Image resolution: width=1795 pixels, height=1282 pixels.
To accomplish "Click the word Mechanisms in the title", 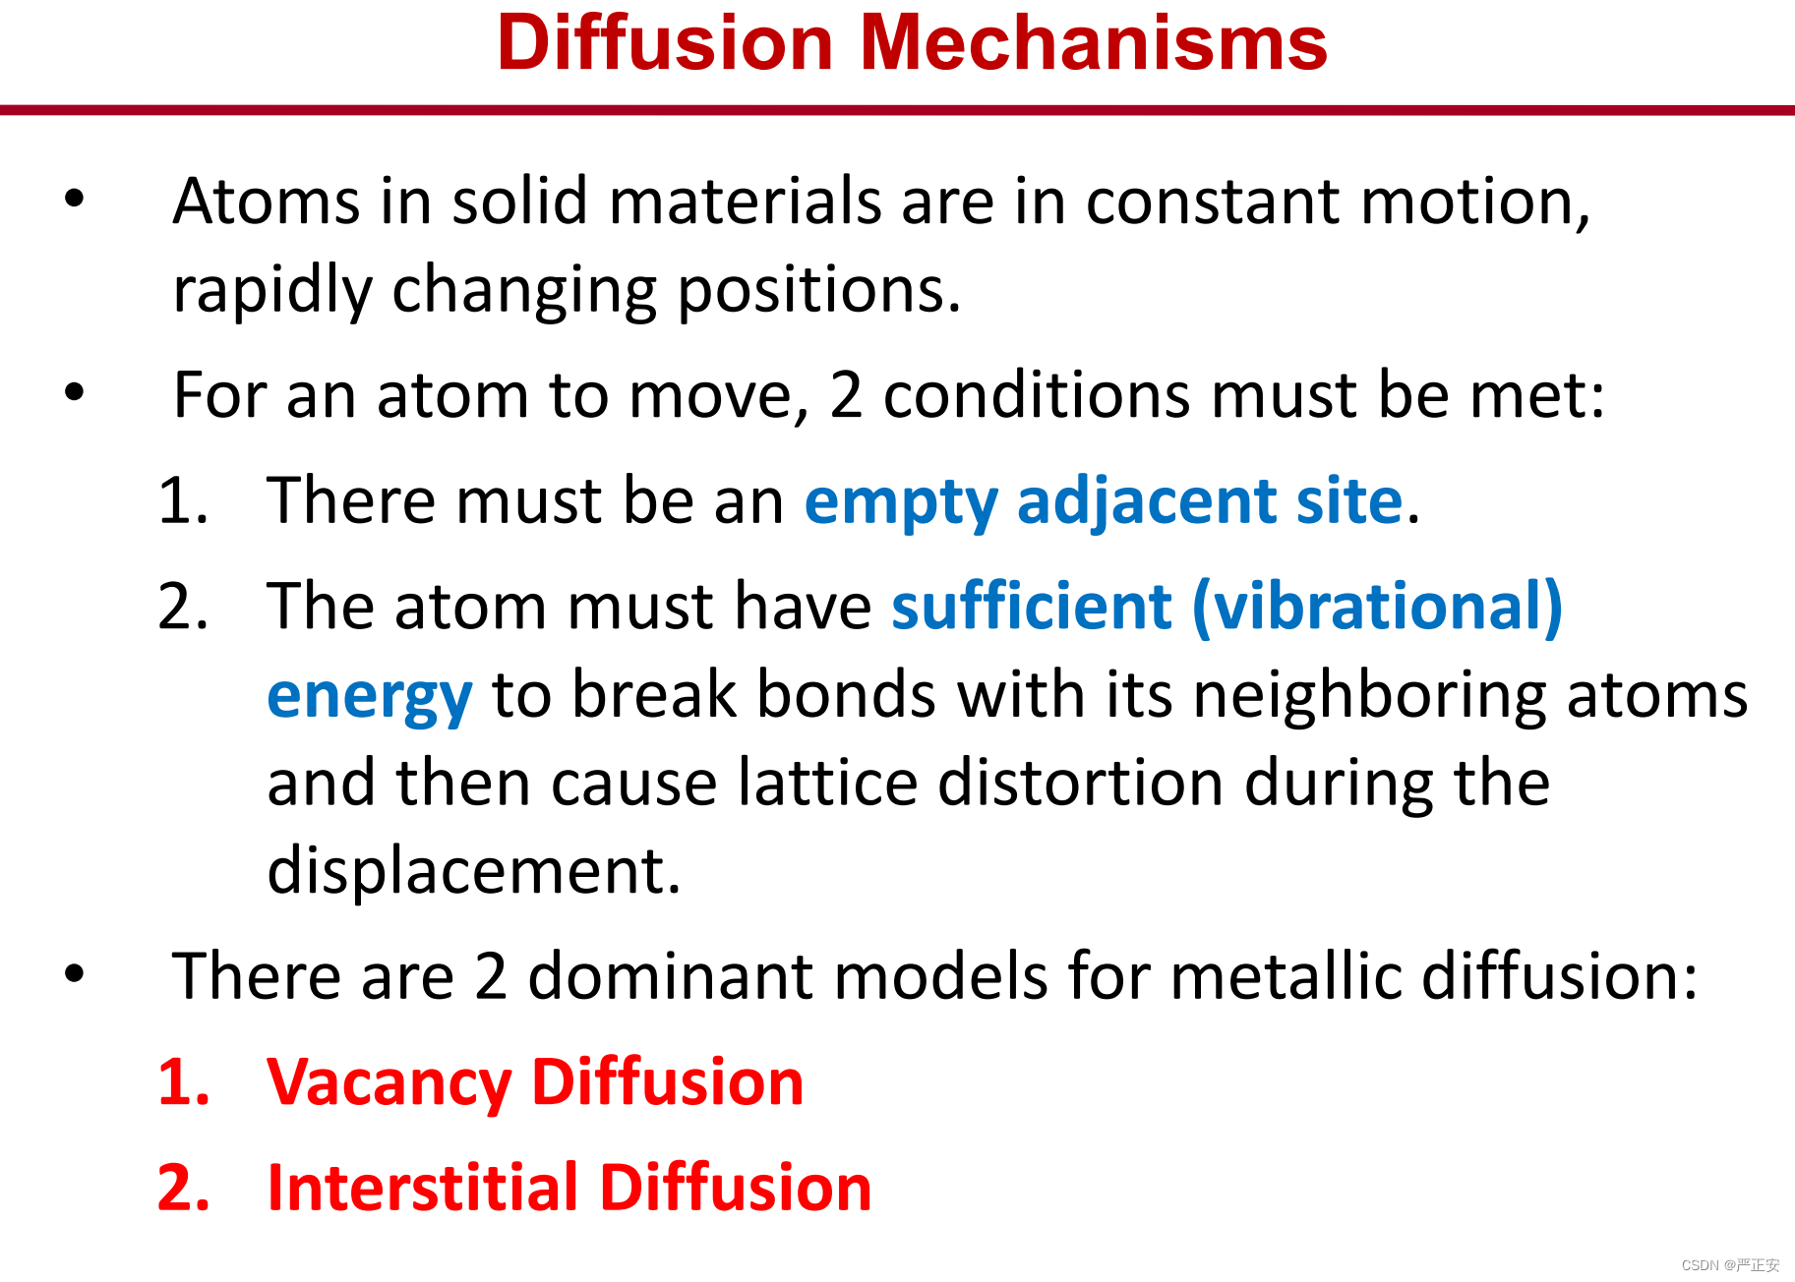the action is [x=1094, y=42].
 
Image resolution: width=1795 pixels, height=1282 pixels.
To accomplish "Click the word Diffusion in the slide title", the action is [x=666, y=42].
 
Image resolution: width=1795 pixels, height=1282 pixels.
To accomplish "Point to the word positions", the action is [x=819, y=292].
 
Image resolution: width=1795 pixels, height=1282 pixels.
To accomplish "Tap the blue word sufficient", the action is [x=1032, y=606].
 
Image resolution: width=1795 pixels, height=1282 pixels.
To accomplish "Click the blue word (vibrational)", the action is [x=1377, y=608].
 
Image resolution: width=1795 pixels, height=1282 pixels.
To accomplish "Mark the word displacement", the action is [x=474, y=872].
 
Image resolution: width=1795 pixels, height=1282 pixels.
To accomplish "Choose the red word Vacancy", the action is [x=389, y=1083].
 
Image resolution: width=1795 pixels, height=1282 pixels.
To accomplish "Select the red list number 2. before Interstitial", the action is [x=184, y=1188].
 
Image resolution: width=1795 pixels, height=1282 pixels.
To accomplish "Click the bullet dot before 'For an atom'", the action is [x=75, y=393].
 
